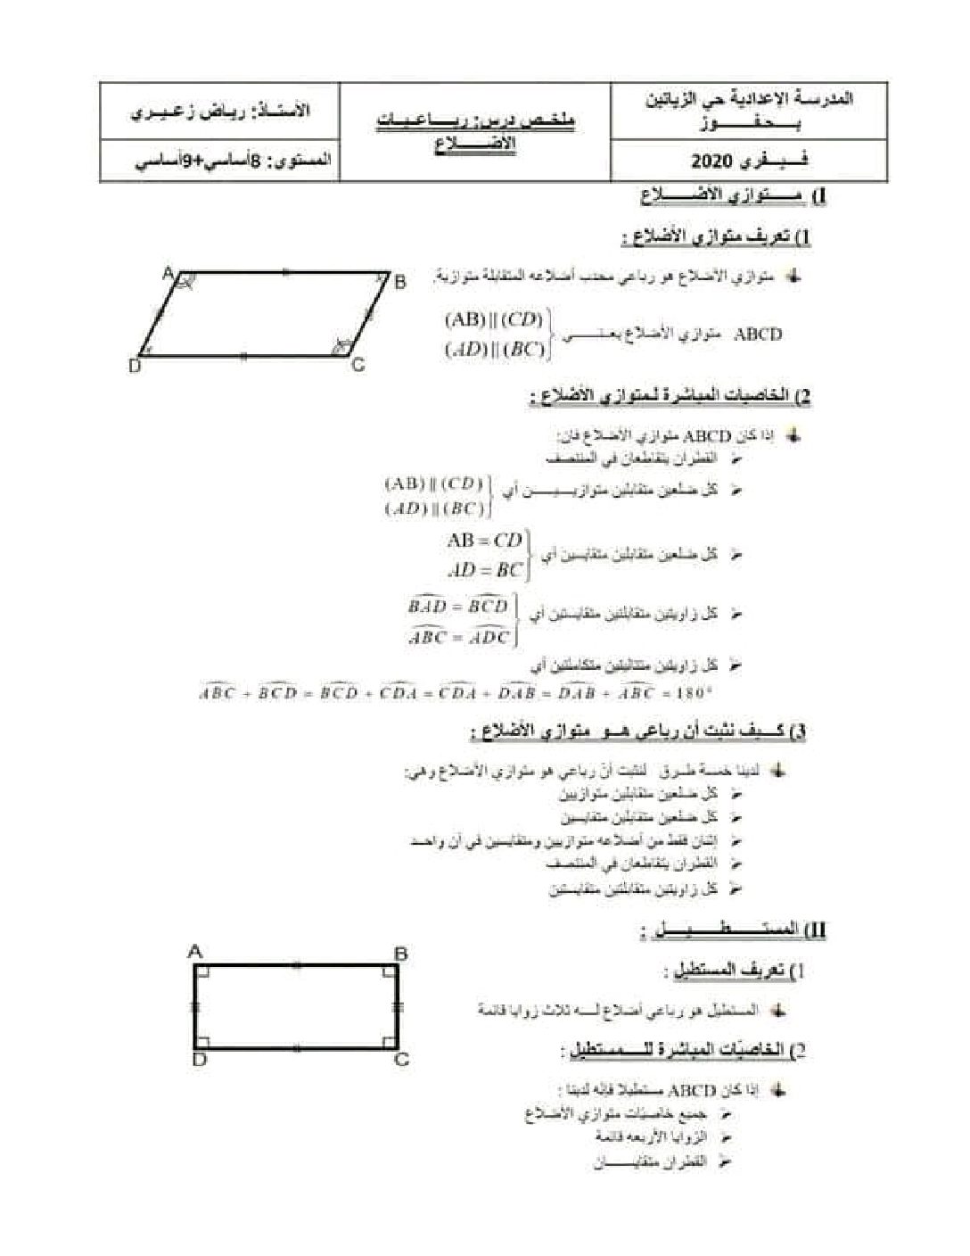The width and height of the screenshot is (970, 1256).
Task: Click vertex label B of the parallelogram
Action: (x=400, y=282)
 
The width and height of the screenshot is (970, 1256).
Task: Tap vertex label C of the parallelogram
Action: (x=358, y=364)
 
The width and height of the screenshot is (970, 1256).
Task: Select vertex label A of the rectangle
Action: (x=196, y=952)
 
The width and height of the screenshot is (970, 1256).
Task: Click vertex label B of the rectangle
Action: (x=400, y=954)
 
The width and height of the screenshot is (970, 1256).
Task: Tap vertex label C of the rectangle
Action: (x=401, y=1060)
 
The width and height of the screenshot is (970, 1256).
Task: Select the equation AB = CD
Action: (x=484, y=540)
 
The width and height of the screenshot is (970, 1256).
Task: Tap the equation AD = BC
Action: (x=482, y=569)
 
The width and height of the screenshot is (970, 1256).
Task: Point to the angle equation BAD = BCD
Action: (x=456, y=607)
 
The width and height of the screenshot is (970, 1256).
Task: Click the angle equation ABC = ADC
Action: (x=458, y=637)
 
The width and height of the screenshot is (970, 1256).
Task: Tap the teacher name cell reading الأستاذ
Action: (x=219, y=112)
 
